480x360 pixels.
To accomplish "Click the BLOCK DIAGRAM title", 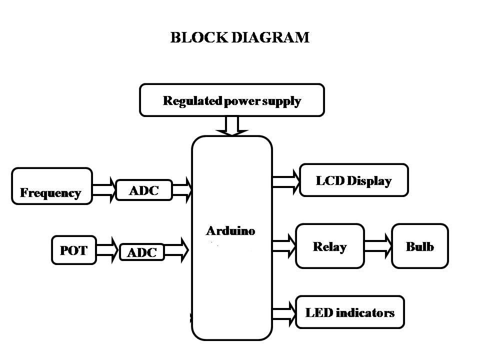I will click(240, 37).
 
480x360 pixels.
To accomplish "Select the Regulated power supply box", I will click(232, 100).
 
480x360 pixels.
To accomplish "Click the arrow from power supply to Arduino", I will click(232, 125).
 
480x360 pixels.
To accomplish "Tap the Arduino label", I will click(230, 231).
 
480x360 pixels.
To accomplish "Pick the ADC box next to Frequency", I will click(144, 190).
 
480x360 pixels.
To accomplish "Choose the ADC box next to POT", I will click(142, 252).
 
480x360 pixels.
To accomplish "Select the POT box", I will click(73, 250).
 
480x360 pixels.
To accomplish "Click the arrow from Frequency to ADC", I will click(104, 190).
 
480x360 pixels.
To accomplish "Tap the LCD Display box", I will click(353, 180).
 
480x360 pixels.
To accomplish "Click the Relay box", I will click(329, 246).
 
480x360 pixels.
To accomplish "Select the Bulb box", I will click(419, 246).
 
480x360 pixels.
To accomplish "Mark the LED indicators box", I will click(349, 312).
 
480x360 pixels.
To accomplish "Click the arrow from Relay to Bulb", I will click(377, 246).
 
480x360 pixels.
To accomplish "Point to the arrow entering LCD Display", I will click(285, 180).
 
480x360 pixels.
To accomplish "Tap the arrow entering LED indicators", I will click(284, 312).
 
